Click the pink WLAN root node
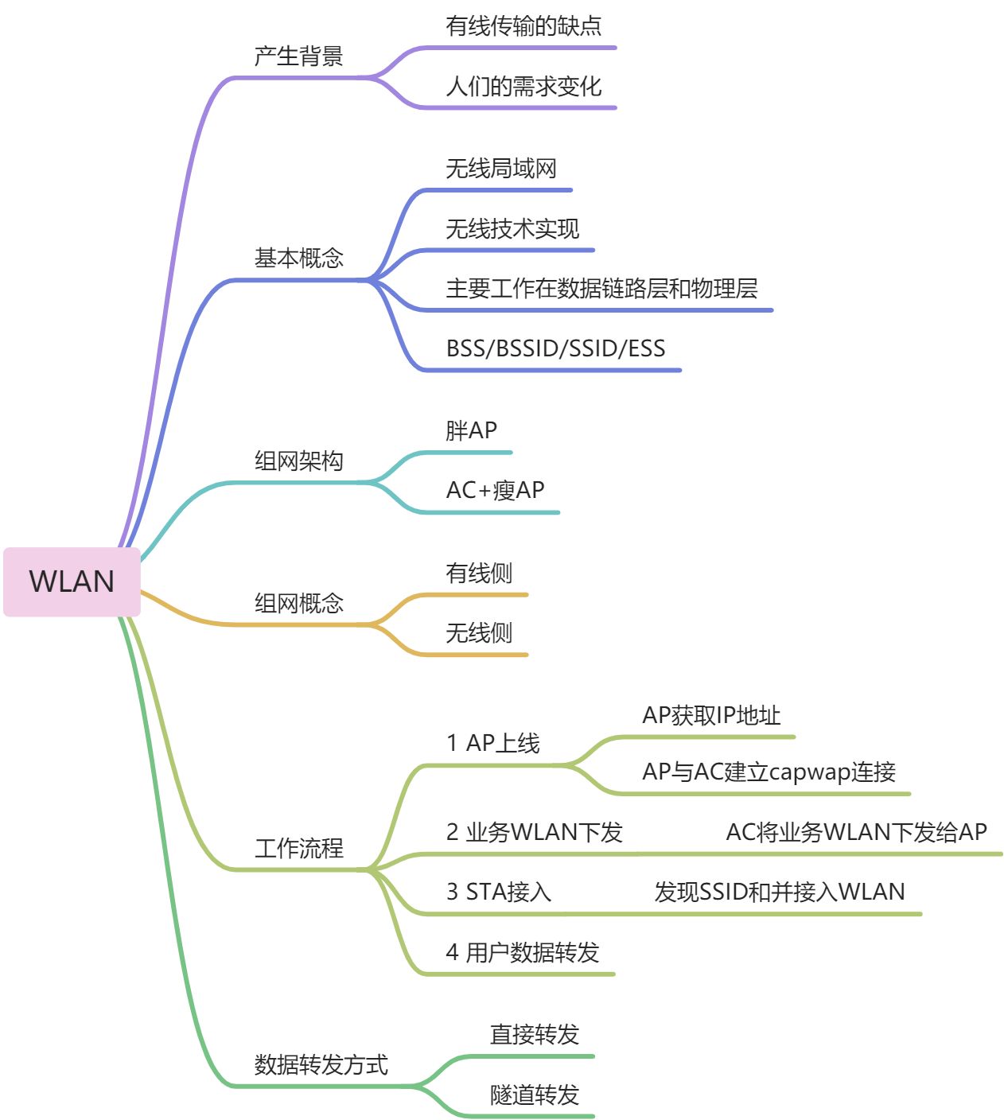point(72,581)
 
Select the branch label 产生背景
point(298,56)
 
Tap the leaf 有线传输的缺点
point(523,26)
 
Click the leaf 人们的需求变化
point(523,86)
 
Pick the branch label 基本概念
point(298,258)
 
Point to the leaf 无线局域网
point(501,169)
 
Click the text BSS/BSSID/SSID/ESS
point(555,348)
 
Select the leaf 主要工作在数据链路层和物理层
point(601,288)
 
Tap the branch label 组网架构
point(298,461)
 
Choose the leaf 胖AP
point(471,430)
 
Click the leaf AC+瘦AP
point(495,490)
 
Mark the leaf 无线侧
point(479,633)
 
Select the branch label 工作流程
point(298,848)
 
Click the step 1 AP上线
point(493,743)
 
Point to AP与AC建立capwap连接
point(769,772)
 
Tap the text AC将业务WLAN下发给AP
point(856,832)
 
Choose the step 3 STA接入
point(499,892)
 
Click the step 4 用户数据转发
point(523,952)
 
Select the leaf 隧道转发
point(535,1095)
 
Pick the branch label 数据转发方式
point(321,1064)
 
